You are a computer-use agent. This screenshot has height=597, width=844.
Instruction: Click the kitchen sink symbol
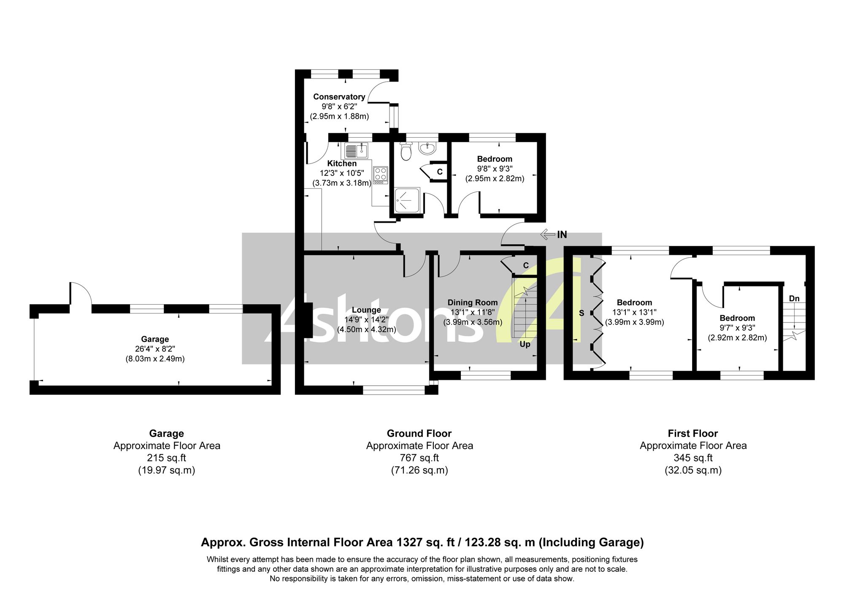pos(357,150)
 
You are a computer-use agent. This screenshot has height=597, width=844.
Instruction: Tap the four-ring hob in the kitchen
pos(380,175)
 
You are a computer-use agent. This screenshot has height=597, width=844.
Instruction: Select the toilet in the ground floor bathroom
pos(406,151)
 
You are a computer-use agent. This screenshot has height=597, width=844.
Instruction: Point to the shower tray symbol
pos(408,200)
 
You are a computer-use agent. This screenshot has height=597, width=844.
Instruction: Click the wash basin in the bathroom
pos(427,148)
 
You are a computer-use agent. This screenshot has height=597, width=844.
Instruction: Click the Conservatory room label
pos(339,97)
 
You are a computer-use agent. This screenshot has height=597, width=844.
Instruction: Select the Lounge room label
pos(366,310)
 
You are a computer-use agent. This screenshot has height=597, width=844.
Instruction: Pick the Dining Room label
pos(473,303)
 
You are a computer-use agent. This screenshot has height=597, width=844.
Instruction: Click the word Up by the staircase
pos(525,344)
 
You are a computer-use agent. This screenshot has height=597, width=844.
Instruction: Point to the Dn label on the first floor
pos(794,299)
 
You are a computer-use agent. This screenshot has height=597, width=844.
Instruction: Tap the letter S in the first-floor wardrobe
pos(582,313)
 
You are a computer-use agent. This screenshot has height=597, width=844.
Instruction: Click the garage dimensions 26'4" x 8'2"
pos(155,349)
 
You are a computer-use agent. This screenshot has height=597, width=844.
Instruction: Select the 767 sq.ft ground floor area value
pos(419,458)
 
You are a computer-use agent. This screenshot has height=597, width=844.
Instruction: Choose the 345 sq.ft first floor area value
pos(693,458)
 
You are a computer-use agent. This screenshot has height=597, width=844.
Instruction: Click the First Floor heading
pos(693,433)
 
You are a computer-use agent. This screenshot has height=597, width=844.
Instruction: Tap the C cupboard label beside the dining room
pos(526,265)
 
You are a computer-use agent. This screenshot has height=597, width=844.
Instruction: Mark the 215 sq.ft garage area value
pos(166,458)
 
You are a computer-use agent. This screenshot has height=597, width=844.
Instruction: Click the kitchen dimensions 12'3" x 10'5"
pos(342,173)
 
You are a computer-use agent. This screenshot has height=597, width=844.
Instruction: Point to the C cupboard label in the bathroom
pos(440,172)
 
